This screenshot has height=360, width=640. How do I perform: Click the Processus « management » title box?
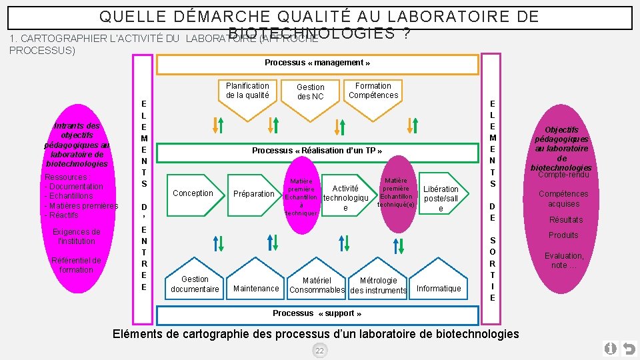tap(317, 64)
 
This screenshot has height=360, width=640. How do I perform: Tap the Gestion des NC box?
tap(310, 93)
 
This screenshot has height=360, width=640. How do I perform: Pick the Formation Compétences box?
tap(373, 91)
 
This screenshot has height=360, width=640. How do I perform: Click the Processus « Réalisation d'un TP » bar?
tap(317, 151)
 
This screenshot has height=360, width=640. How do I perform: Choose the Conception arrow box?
tap(193, 193)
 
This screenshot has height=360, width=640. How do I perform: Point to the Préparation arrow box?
tap(253, 194)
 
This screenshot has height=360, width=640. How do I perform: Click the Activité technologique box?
tap(345, 198)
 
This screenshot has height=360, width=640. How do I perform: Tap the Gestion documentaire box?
tap(195, 283)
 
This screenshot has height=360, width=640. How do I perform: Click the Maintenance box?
tap(256, 288)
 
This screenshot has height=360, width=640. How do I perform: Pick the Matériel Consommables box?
tap(317, 285)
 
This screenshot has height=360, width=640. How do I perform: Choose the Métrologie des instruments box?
tap(378, 285)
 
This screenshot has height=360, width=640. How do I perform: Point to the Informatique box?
tap(439, 288)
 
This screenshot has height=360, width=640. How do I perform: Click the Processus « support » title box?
tap(317, 314)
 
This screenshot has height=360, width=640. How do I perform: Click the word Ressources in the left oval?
tap(65, 177)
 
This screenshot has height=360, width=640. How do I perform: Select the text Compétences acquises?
tap(563, 199)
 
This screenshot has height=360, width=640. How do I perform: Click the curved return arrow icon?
tap(627, 349)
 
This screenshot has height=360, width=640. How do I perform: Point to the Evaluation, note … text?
tap(563, 260)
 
